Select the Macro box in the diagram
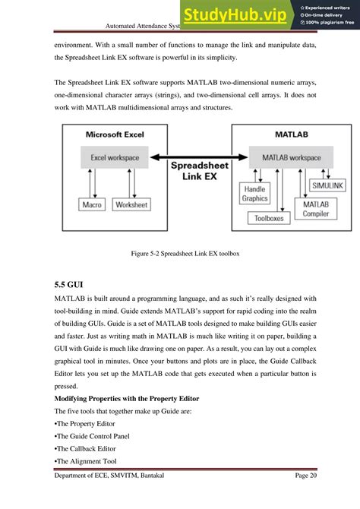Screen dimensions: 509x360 [93, 204]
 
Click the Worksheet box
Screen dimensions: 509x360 [132, 204]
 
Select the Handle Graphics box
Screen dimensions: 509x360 [254, 193]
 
